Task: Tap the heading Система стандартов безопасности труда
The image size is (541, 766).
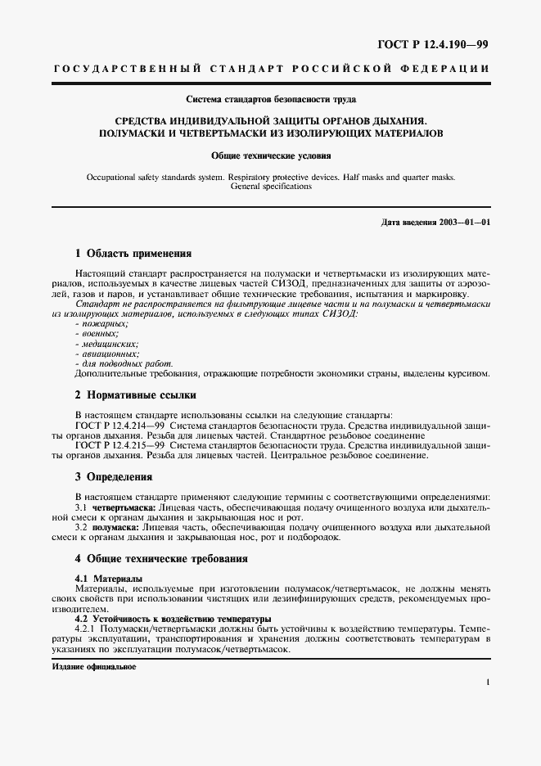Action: (x=271, y=100)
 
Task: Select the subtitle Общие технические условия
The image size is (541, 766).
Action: (x=271, y=153)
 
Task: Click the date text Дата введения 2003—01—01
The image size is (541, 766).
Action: (x=435, y=223)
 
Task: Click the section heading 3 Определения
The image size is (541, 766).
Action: (x=115, y=476)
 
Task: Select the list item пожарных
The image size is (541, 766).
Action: (x=96, y=325)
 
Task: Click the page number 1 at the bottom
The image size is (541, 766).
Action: (x=487, y=681)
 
